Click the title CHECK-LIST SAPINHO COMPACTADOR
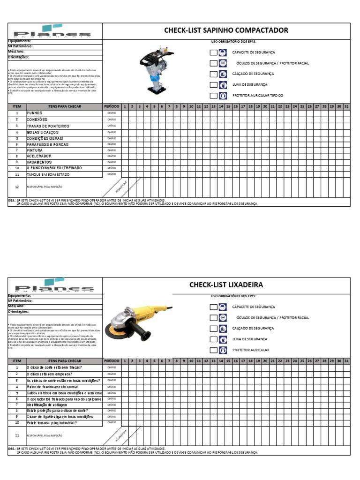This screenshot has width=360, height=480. coord(226,30)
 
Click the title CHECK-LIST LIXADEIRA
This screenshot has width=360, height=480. coord(226,285)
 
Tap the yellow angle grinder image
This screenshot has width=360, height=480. coord(136,323)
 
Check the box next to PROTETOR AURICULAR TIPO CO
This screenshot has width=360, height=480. coord(214,96)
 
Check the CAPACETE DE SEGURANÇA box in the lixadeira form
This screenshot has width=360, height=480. coord(214,307)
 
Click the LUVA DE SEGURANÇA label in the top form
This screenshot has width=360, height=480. coord(250,85)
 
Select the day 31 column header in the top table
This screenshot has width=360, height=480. coord(346,106)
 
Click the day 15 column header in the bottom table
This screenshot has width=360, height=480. coord(228,361)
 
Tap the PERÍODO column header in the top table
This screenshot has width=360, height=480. coord(112,106)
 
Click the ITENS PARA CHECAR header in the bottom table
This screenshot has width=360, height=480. coord(64,361)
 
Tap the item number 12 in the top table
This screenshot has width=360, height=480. coord(17,187)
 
